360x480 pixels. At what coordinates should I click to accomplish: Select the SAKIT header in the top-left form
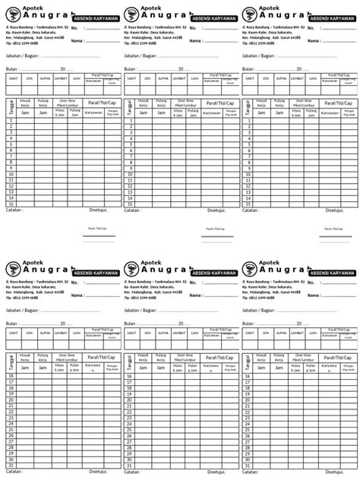click(13, 77)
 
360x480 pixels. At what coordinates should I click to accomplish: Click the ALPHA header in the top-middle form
click(163, 77)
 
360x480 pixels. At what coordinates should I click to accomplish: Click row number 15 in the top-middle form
click(131, 204)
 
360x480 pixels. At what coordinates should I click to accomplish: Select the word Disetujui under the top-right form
click(336, 210)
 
